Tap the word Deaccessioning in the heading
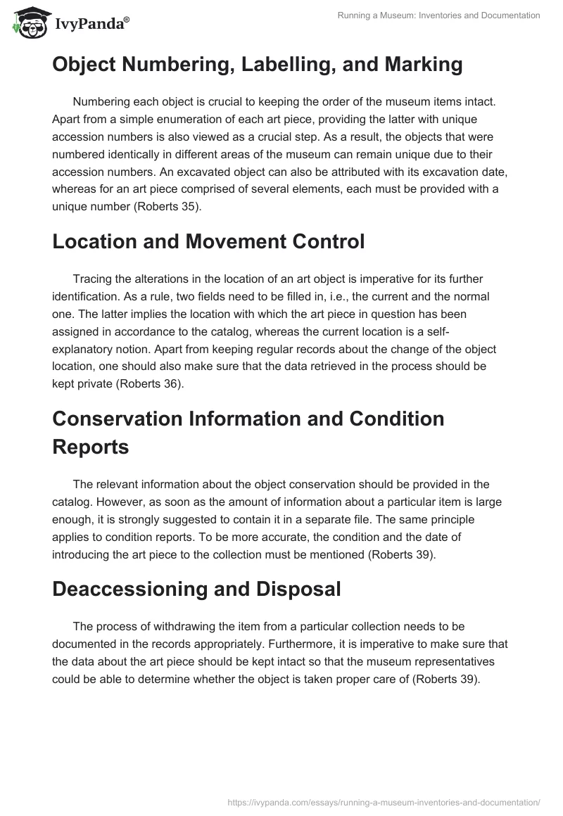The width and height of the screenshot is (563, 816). coord(128,589)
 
